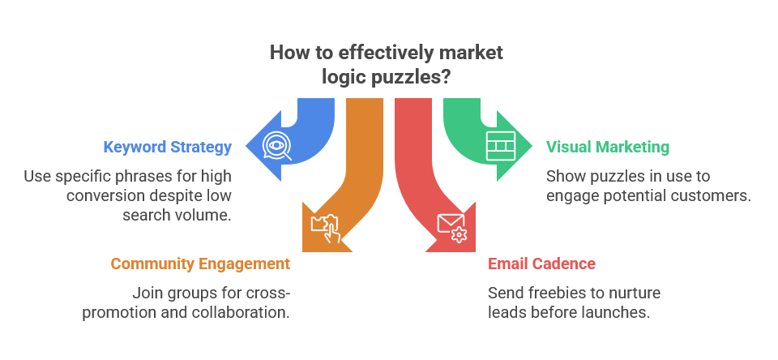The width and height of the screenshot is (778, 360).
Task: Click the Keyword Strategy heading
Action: click(167, 148)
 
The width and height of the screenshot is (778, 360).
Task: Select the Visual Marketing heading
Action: click(607, 148)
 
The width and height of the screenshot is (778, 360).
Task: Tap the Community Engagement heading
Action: click(200, 264)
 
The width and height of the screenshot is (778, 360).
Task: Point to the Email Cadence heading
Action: click(541, 264)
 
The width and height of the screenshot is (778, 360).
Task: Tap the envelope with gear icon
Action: click(452, 228)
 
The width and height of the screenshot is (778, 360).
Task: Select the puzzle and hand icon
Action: click(325, 228)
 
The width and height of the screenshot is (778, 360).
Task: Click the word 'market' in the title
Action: click(470, 54)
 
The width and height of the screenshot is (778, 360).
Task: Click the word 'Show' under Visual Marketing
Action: click(564, 175)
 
